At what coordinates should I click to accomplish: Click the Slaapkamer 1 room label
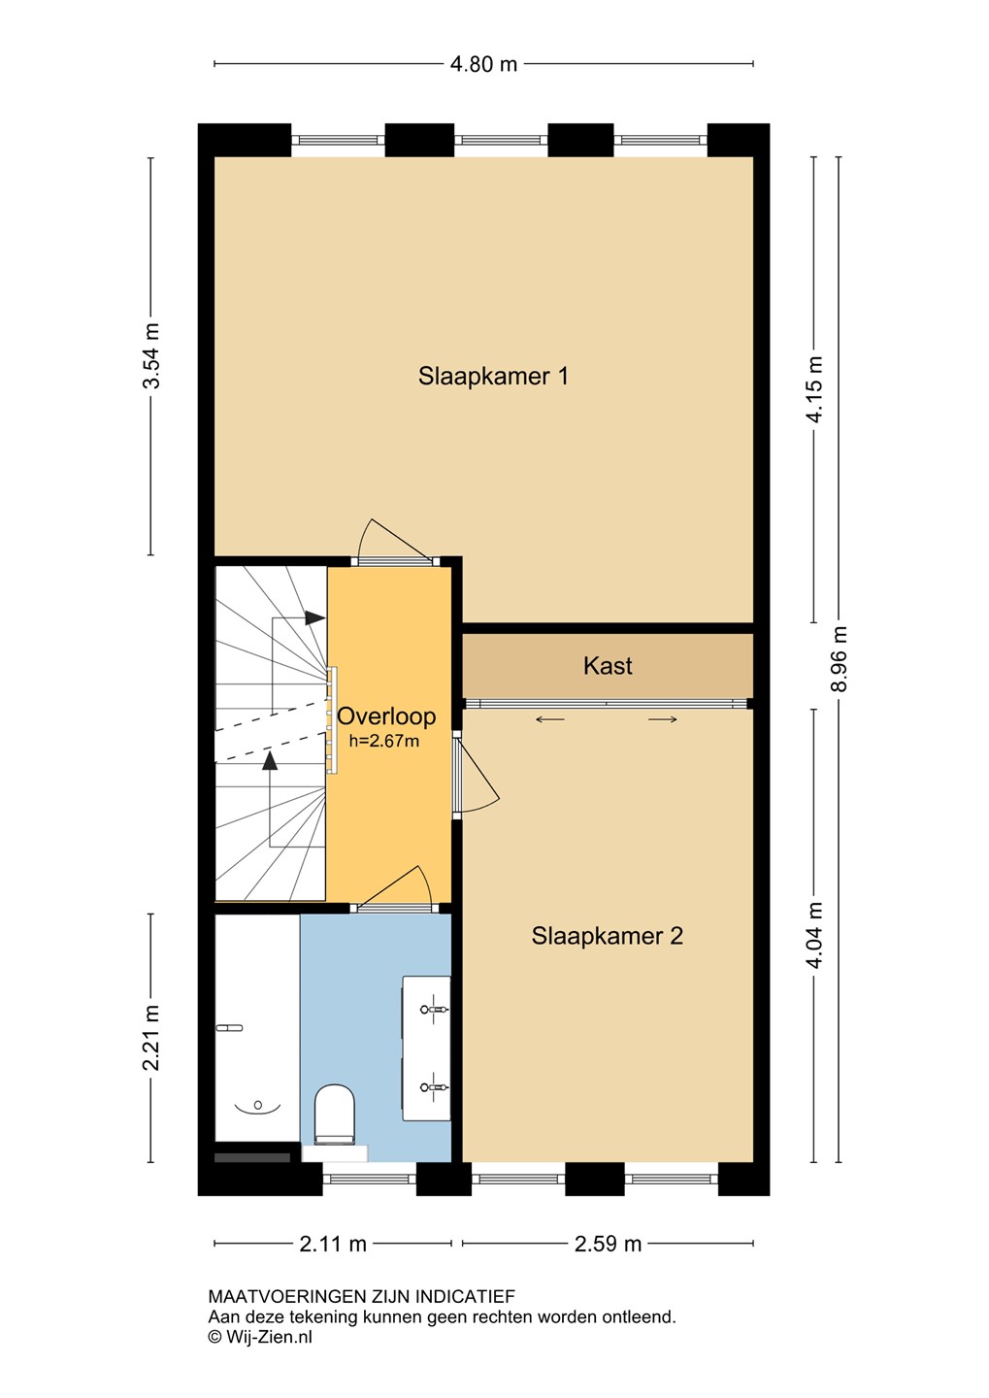[x=493, y=377]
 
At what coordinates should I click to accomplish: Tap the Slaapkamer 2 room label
[x=608, y=936]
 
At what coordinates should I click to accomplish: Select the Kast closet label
[x=608, y=666]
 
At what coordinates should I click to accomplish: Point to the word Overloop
[x=386, y=716]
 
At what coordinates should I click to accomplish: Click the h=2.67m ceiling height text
[x=383, y=742]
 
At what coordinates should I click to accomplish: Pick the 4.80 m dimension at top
[x=484, y=64]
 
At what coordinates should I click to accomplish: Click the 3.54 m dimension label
[x=151, y=355]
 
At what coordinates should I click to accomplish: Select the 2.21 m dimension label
[x=151, y=1037]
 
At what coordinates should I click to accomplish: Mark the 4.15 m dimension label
[x=814, y=389]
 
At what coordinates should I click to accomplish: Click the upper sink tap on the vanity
[x=434, y=1009]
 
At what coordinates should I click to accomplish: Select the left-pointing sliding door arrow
[x=549, y=719]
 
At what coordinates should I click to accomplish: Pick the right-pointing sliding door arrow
[x=663, y=719]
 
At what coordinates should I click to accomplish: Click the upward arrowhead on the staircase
[x=270, y=760]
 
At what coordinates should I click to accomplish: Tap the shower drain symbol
[x=257, y=1106]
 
